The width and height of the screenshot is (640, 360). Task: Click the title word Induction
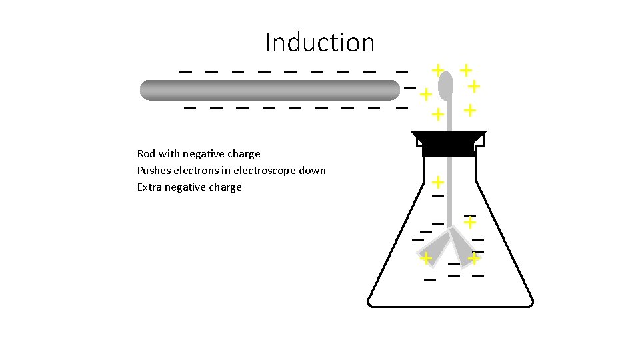319,43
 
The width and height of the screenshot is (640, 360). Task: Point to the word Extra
149,187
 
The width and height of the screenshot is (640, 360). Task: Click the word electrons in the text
198,171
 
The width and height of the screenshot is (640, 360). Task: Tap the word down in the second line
312,171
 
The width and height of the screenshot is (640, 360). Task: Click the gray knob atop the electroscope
446,85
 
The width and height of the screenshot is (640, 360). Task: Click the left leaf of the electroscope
434,247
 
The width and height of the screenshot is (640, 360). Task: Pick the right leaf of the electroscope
461,245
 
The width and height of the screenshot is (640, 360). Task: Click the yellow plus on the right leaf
474,257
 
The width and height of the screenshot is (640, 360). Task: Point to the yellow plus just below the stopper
438,181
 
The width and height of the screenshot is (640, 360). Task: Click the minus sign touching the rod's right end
409,88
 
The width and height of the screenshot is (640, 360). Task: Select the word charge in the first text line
244,154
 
